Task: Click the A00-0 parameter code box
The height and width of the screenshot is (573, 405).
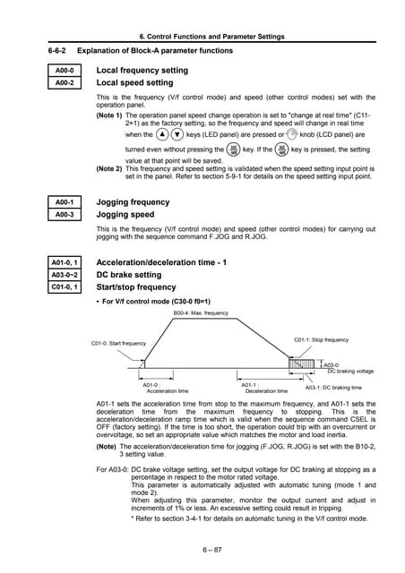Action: [65, 70]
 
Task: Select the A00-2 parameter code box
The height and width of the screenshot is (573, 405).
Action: [65, 83]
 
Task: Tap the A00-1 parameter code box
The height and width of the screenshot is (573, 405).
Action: [65, 202]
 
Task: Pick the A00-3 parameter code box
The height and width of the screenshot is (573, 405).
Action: [65, 216]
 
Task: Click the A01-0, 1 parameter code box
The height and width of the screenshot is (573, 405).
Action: [65, 261]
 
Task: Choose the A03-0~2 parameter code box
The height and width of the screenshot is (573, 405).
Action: [65, 275]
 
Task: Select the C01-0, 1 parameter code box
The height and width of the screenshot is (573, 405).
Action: [65, 287]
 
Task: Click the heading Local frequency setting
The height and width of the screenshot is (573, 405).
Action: [142, 70]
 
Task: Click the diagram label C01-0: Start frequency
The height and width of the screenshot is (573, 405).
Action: [119, 344]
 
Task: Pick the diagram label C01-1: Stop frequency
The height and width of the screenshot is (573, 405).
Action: [322, 340]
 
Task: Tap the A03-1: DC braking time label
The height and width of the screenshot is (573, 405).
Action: [333, 388]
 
